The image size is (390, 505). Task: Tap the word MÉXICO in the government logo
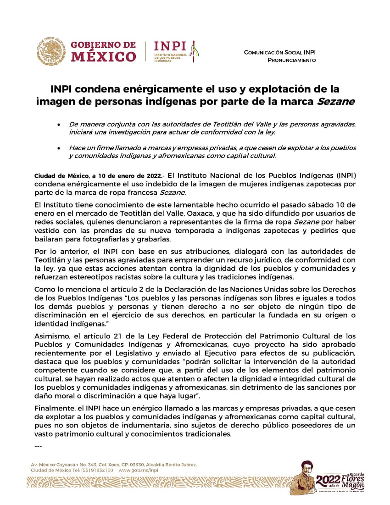tap(103, 57)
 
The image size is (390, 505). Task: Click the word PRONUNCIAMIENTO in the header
tap(291, 60)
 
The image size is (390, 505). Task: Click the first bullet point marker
tap(58, 125)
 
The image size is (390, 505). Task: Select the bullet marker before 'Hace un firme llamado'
tap(58, 148)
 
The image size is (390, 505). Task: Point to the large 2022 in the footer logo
tap(328, 479)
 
